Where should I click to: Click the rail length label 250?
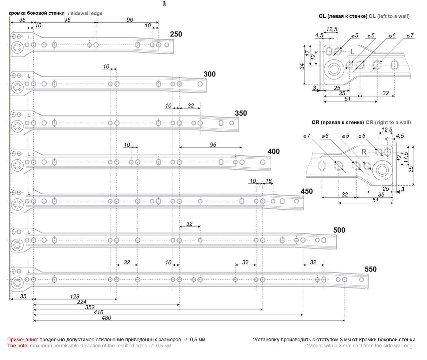176,34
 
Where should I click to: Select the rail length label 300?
209,74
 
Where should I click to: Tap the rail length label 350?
241,113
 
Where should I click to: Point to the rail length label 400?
274,152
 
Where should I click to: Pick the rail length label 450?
307,191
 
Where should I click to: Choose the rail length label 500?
339,230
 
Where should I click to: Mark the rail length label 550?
370,269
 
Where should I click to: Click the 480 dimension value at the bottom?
106,318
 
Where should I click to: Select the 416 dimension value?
98,313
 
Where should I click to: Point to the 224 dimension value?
82,302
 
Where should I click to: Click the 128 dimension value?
75,296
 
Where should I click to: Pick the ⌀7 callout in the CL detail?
410,36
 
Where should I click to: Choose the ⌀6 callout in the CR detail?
325,136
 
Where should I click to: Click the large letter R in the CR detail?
364,152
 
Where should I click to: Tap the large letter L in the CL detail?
352,52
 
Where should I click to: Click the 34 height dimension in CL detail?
302,66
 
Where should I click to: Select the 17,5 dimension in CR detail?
406,157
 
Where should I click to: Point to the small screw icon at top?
164,4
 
